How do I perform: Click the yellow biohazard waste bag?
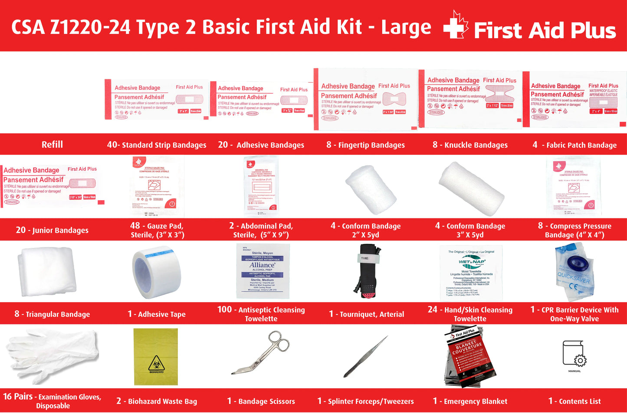[156, 357]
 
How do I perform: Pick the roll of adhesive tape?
[156, 272]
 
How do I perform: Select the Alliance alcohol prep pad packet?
[263, 271]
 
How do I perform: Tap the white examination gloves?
[52, 354]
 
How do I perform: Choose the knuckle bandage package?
[470, 99]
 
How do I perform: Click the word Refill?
[52, 145]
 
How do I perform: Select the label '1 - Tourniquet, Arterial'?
[366, 314]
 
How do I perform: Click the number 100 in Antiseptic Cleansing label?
[224, 309]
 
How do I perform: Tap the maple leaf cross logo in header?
[456, 26]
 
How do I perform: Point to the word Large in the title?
[406, 27]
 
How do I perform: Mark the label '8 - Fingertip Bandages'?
[365, 145]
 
